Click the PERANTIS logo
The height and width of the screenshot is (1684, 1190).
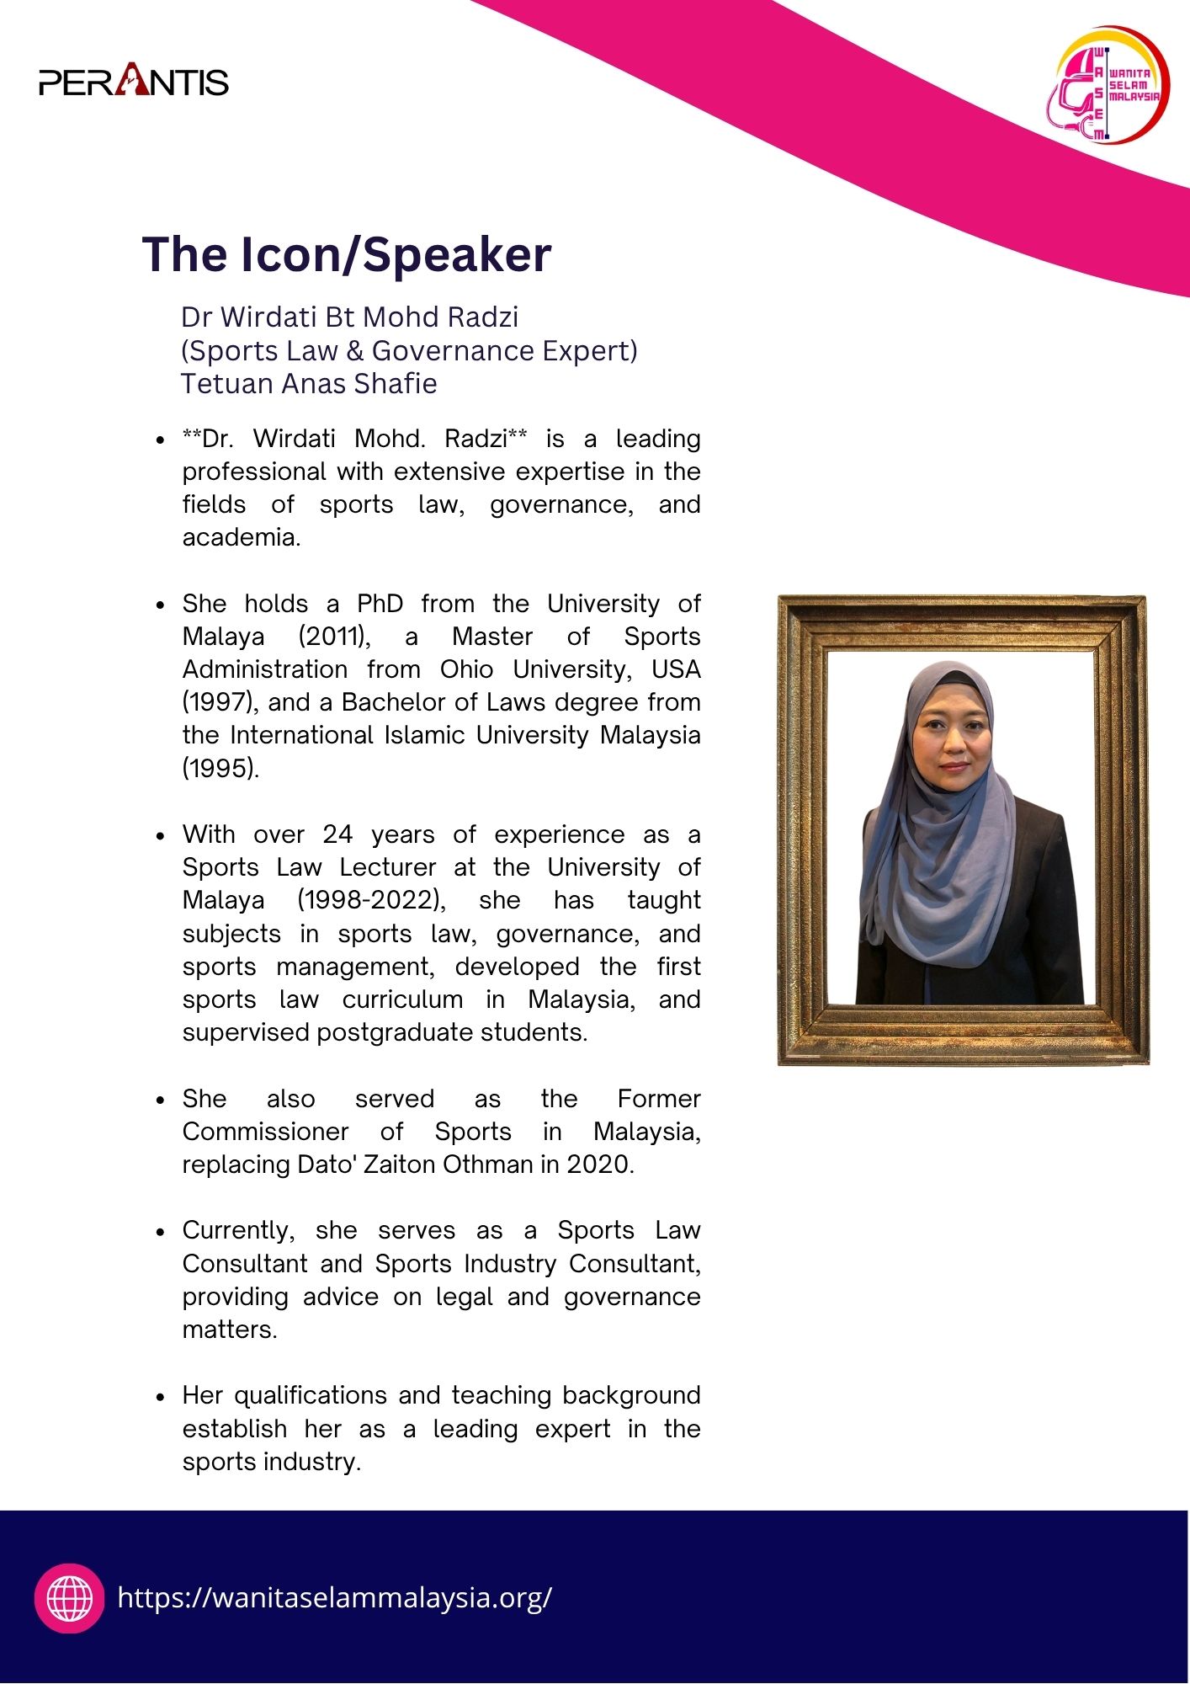click(134, 82)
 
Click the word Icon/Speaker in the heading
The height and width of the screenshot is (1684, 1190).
click(396, 254)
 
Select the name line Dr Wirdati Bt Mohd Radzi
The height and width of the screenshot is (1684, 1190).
click(349, 317)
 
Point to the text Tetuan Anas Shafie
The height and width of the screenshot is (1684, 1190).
click(309, 384)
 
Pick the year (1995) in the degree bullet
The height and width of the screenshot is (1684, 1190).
click(220, 768)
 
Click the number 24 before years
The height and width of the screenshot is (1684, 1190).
click(337, 834)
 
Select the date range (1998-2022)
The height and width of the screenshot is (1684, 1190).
click(371, 900)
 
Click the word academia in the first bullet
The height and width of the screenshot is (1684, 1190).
click(241, 537)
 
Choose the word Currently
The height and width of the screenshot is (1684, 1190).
click(238, 1230)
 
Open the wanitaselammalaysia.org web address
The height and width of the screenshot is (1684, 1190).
click(335, 1597)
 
